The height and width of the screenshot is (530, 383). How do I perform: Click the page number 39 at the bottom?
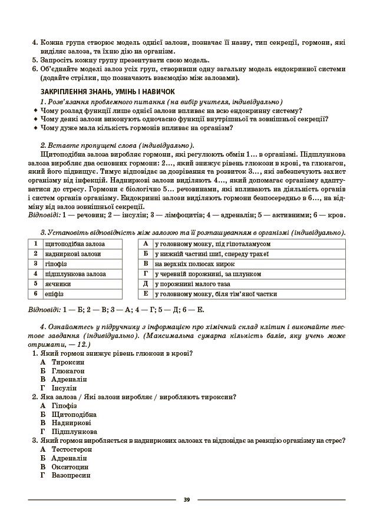tap(186, 500)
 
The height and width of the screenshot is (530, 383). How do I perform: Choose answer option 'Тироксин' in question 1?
tap(67, 362)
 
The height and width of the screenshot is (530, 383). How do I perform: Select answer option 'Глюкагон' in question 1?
tap(68, 371)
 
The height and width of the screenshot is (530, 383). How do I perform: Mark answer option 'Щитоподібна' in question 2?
tap(74, 414)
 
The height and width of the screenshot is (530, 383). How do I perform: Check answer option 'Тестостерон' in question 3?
tap(72, 449)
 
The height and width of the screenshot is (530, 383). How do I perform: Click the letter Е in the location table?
tap(145, 293)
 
